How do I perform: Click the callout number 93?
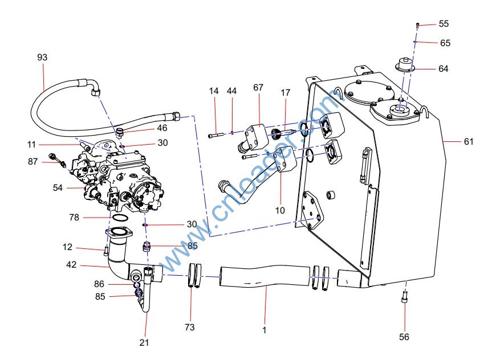tap(42, 58)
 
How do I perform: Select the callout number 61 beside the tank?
tap(469, 142)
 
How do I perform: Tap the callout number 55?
tap(444, 24)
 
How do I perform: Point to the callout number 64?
tap(444, 69)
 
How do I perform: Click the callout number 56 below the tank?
tap(404, 337)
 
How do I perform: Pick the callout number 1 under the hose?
tap(264, 329)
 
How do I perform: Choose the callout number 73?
tap(190, 327)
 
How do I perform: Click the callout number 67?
tap(258, 88)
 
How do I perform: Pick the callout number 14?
tap(214, 91)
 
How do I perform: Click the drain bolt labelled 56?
tap(404, 297)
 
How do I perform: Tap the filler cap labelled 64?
tap(404, 65)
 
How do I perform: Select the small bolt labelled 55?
tap(418, 25)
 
